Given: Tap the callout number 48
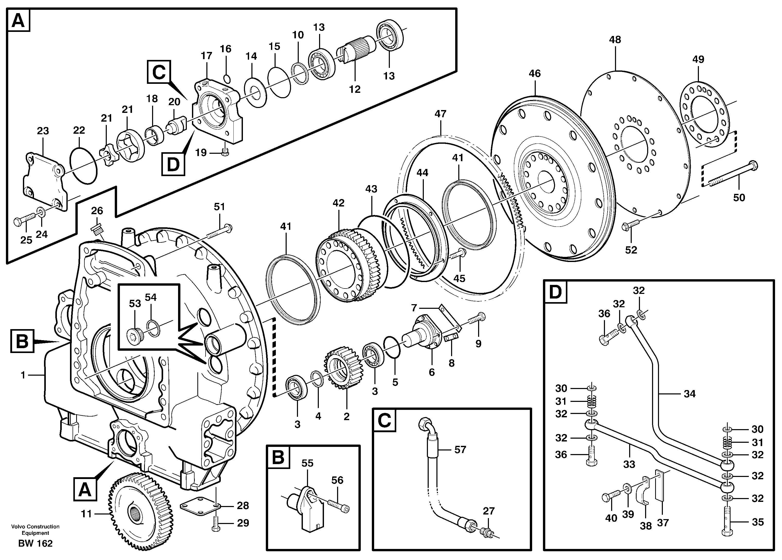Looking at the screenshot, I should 615,40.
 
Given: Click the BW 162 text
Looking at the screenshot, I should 35,544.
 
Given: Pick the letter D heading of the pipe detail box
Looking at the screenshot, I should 555,292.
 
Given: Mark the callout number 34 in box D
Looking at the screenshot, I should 690,394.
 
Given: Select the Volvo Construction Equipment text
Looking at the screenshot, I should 35,530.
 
